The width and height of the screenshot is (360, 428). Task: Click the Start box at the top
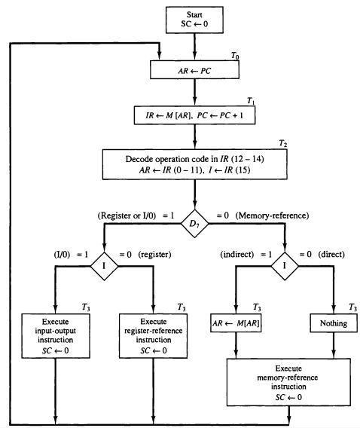[195, 20]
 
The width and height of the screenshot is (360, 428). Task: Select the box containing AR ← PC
[195, 70]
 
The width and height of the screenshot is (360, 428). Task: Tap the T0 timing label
[235, 56]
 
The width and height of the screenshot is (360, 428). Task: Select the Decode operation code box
[195, 165]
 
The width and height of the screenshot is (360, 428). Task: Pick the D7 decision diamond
[195, 222]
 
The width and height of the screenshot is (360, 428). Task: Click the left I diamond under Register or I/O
[104, 266]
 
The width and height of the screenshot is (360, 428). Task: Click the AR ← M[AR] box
[237, 324]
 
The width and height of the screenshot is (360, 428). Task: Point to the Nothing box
[333, 324]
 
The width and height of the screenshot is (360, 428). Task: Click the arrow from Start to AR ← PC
[195, 47]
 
